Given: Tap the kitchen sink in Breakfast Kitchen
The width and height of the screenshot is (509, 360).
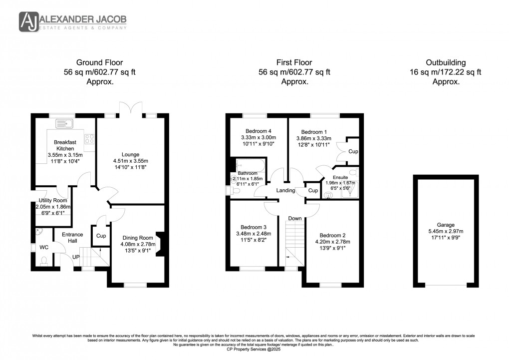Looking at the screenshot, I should [64, 123].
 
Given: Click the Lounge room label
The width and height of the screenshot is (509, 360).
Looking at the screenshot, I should [131, 154].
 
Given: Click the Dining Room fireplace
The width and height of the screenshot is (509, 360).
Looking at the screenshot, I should [159, 244].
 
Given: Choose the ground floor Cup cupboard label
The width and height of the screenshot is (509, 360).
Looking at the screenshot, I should [100, 236].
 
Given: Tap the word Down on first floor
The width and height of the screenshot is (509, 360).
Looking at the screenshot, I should [295, 218].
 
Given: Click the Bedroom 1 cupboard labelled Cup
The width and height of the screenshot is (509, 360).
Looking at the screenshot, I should [353, 151].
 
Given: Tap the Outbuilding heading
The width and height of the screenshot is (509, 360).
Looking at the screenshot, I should [446, 63].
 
